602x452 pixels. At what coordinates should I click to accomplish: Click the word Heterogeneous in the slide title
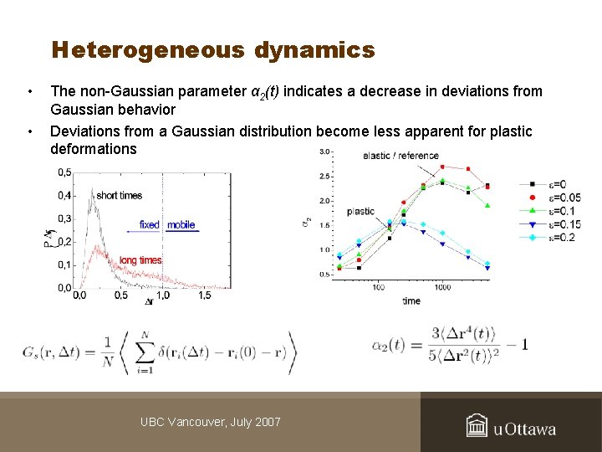[148, 50]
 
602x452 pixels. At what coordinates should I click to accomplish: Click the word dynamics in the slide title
[314, 50]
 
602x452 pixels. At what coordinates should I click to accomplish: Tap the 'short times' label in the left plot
[120, 195]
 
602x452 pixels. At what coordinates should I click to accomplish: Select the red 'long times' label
[140, 260]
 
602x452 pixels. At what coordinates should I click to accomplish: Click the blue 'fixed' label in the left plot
[149, 224]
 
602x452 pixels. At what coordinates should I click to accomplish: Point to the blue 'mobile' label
[181, 224]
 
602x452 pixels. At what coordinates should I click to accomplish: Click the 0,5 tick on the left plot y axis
[64, 172]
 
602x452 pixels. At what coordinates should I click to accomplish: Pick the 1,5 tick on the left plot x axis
[204, 295]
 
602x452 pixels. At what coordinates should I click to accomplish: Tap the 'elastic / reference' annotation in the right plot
[401, 156]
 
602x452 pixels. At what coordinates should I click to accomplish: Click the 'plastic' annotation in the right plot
[360, 212]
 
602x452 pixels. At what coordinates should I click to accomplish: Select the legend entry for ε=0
[552, 185]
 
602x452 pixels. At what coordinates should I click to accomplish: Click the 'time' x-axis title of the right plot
[411, 300]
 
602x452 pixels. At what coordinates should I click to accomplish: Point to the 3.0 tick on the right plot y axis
[325, 152]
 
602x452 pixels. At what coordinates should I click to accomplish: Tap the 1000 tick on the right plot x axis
[442, 287]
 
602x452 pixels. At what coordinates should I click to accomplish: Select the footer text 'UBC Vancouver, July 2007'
[210, 422]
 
